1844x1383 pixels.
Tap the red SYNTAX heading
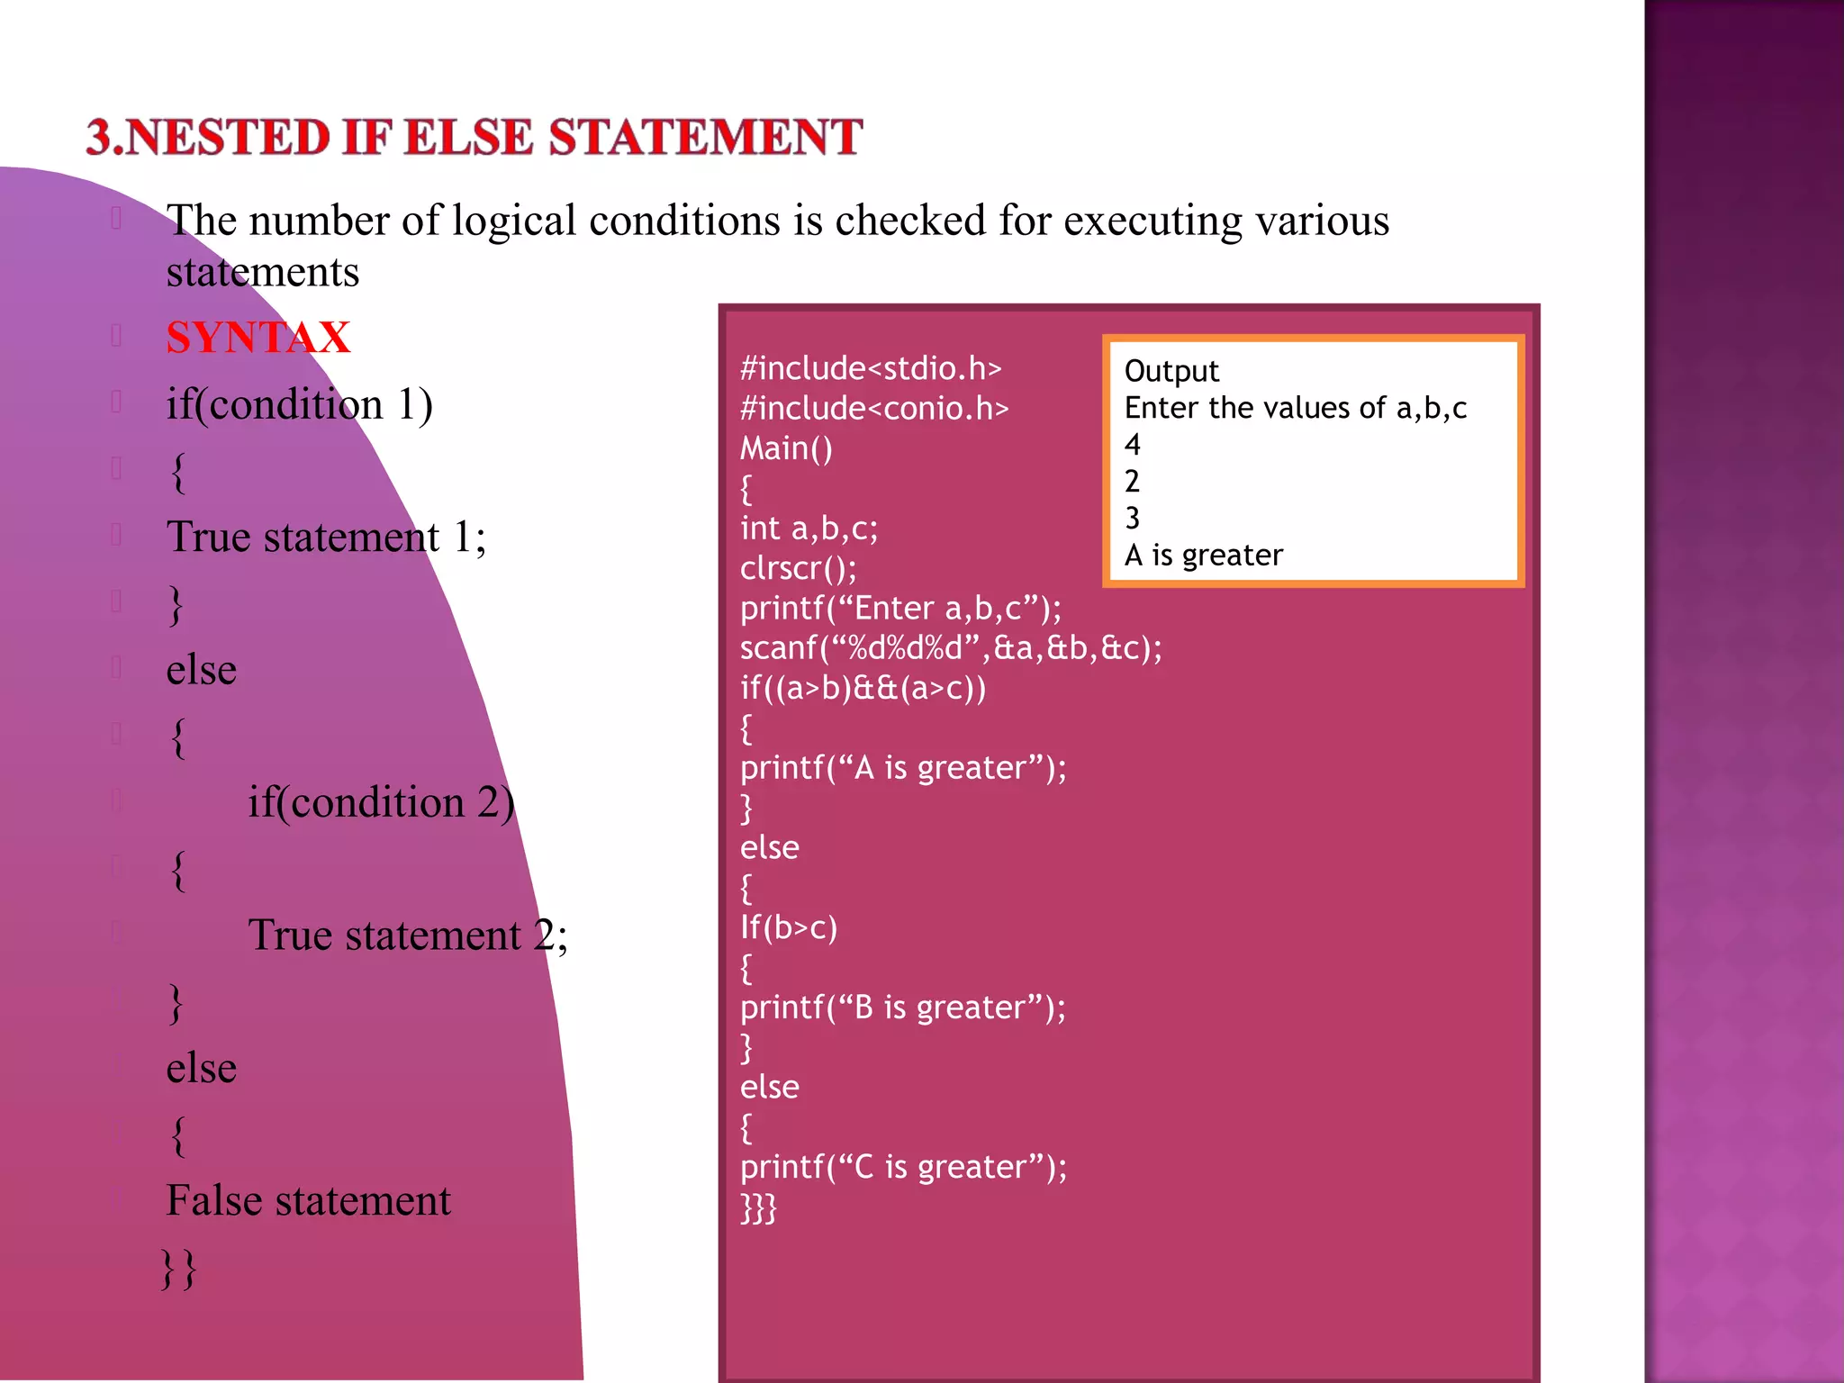coord(258,338)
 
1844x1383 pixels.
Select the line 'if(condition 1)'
coord(299,404)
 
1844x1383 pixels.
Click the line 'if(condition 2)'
coord(381,802)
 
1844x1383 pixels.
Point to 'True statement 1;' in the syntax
coord(326,538)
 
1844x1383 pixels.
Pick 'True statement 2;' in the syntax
coord(408,936)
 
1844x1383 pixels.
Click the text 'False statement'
coord(308,1201)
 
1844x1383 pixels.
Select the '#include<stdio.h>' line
coord(871,368)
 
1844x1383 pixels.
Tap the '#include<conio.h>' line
coord(874,409)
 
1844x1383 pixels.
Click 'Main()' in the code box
coord(786,448)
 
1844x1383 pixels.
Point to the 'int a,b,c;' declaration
coord(809,529)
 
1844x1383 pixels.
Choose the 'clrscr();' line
coord(799,568)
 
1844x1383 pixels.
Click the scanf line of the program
coord(951,648)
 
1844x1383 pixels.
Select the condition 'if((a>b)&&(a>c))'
coord(863,689)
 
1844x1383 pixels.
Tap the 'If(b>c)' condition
coord(789,927)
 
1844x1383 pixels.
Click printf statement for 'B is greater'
coord(903,1008)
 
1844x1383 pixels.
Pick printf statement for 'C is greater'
coord(903,1167)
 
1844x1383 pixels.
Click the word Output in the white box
coord(1171,371)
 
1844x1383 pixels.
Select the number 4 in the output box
coord(1133,445)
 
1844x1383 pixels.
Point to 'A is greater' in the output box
coord(1204,556)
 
